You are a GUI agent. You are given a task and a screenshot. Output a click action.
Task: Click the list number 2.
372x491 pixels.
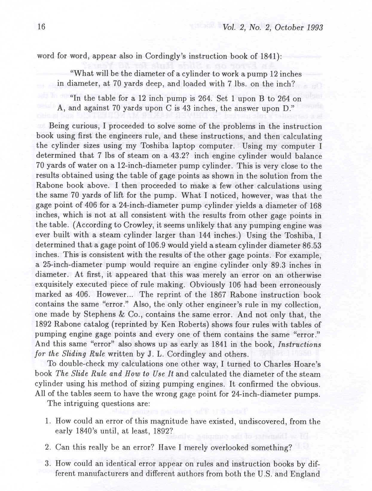48,447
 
